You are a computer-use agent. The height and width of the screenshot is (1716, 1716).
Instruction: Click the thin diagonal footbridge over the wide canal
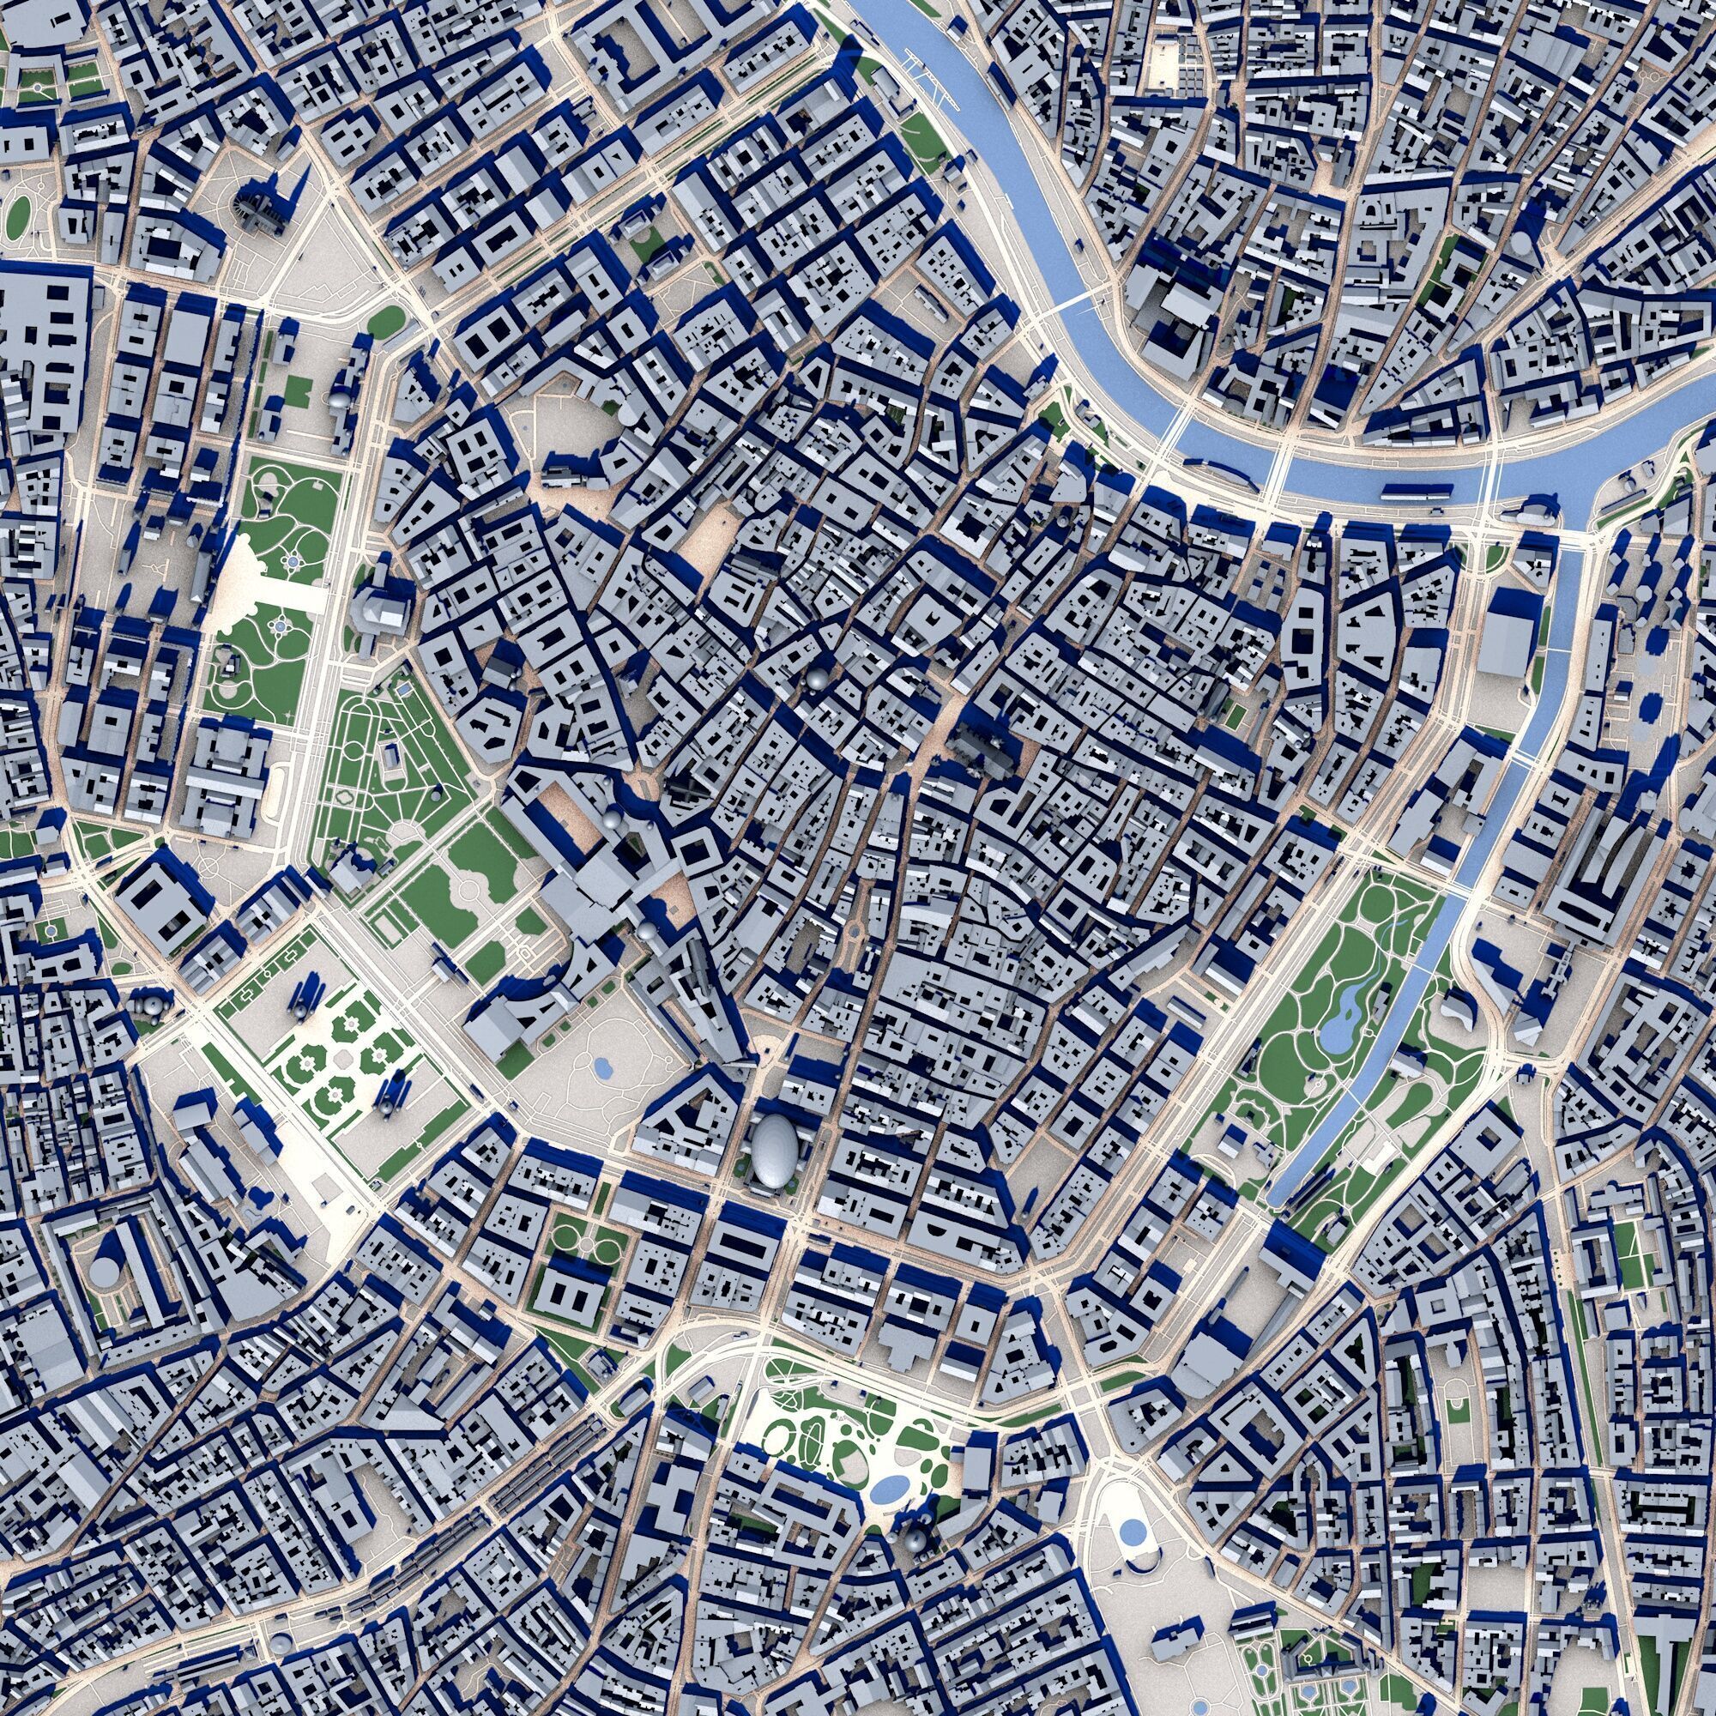[x=1072, y=305]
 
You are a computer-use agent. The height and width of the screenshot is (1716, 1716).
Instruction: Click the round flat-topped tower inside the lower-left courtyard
[x=105, y=1271]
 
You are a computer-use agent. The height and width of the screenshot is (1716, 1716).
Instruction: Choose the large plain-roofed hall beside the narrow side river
[x=1508, y=632]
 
